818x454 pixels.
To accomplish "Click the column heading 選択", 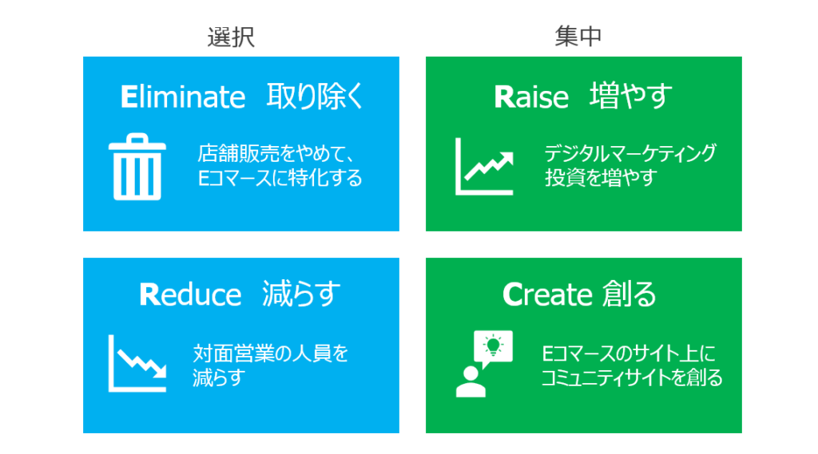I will point(231,37).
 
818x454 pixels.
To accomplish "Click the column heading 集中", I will point(578,37).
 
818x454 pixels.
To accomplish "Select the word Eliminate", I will point(183,97).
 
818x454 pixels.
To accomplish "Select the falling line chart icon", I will point(137,363).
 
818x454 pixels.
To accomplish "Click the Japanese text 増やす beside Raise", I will point(631,97).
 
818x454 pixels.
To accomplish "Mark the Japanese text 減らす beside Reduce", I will point(301,294).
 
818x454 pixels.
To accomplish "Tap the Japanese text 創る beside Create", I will point(629,294).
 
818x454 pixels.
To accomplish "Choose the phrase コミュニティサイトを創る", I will point(631,377).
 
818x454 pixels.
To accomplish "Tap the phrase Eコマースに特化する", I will point(280,178).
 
